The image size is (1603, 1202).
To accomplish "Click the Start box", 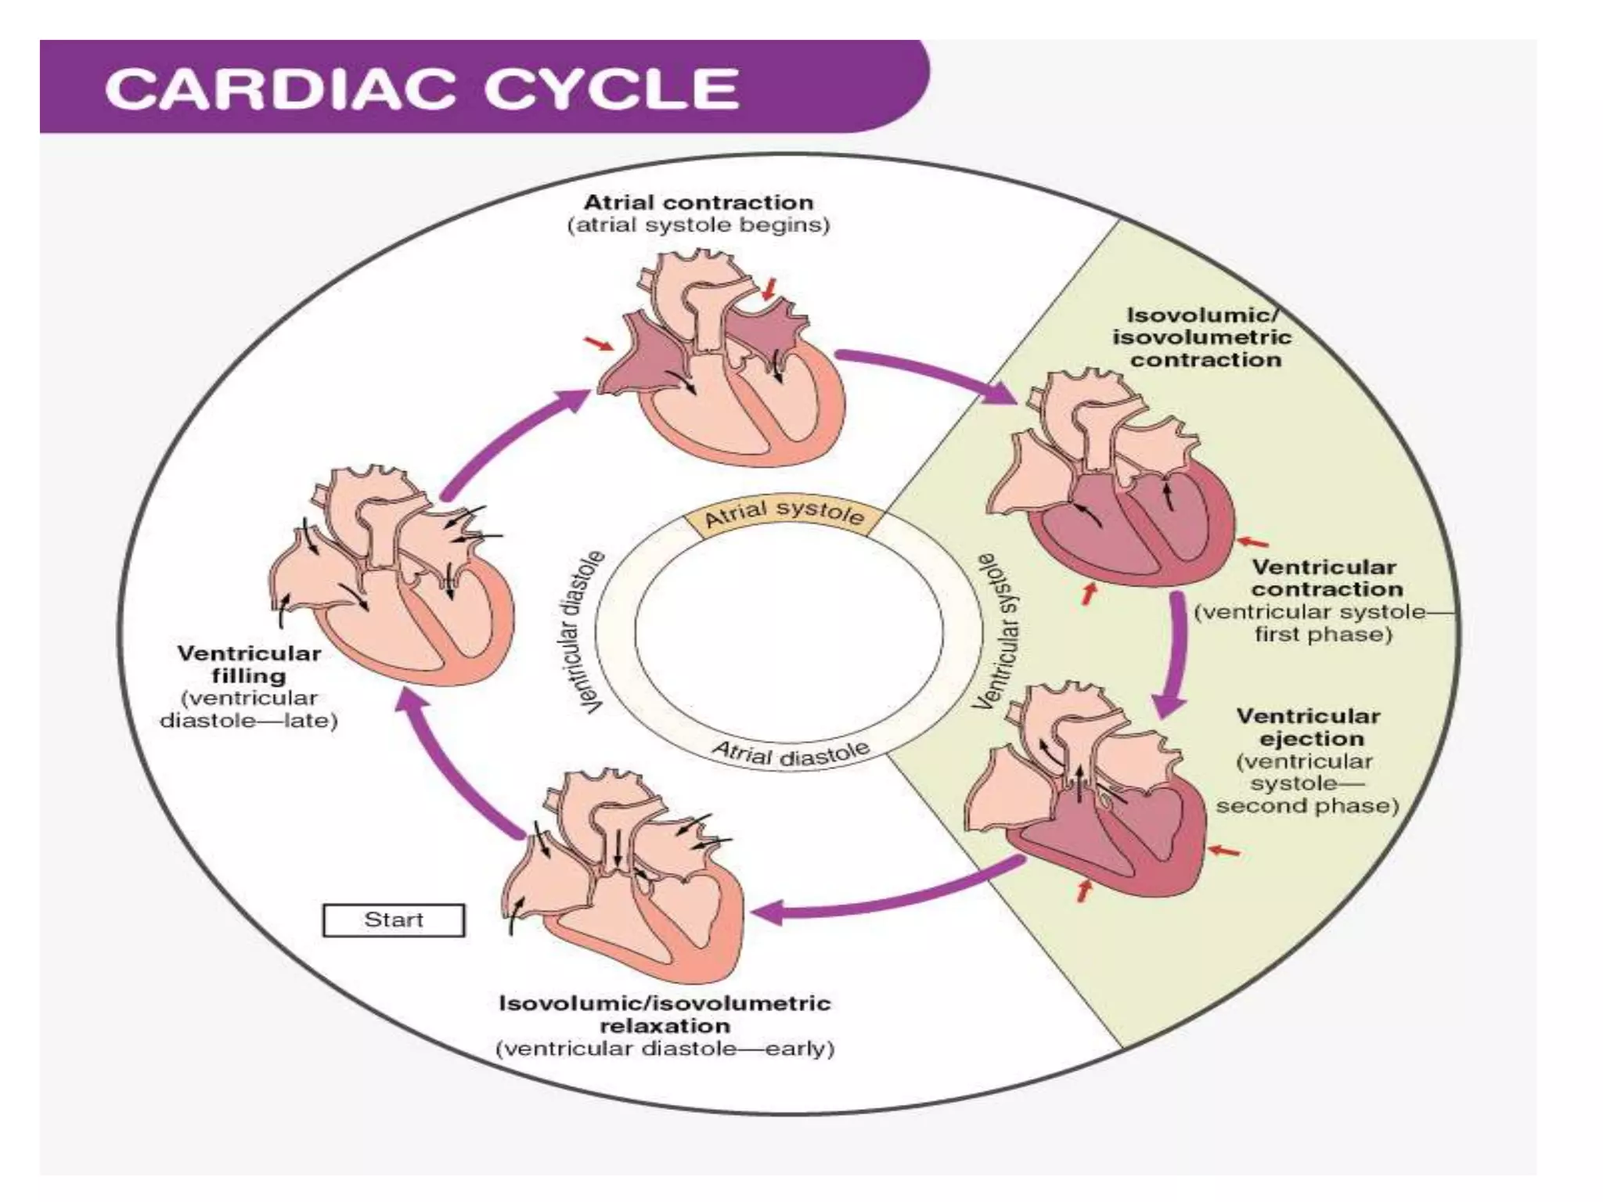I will pos(393,919).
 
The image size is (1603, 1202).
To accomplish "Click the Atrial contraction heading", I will pos(698,202).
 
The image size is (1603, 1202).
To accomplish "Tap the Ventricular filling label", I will pos(248,664).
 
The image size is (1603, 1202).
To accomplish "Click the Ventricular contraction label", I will pos(1326,578).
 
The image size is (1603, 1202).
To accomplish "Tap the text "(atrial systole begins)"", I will pos(698,225).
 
